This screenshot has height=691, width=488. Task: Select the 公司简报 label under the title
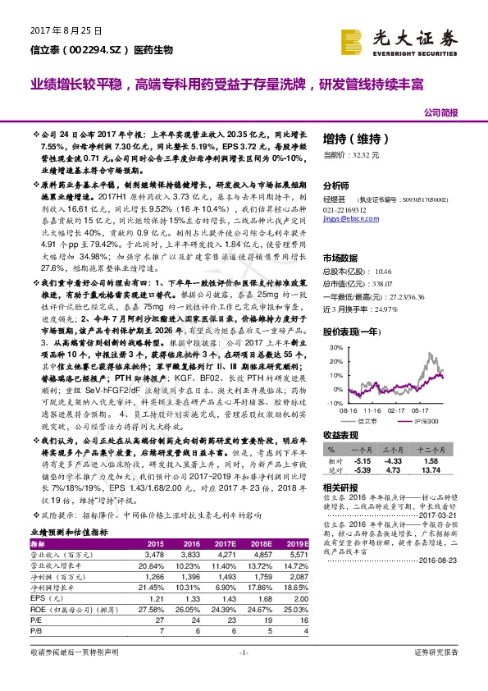[x=440, y=112]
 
